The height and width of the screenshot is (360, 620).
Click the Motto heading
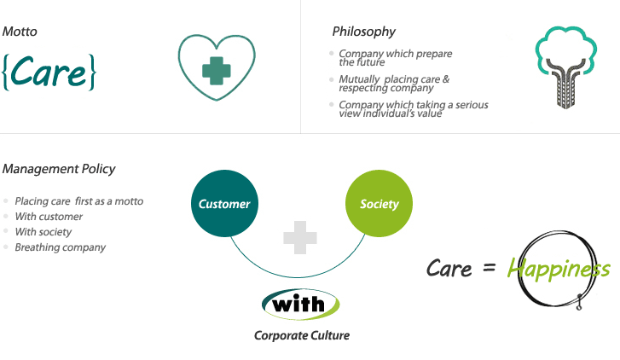(x=20, y=32)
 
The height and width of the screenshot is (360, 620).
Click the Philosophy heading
(x=363, y=32)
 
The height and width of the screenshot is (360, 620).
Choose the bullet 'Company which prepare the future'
(x=395, y=58)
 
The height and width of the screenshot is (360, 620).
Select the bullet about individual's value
(x=413, y=109)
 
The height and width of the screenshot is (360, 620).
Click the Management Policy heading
(x=59, y=169)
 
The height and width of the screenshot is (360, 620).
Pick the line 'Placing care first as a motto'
(x=78, y=201)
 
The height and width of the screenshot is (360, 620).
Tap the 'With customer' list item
(x=49, y=217)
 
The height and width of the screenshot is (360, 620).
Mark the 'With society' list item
(x=43, y=232)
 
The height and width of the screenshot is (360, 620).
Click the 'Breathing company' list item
(x=60, y=247)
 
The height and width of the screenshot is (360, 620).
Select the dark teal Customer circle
(x=224, y=204)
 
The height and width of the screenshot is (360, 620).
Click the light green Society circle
(x=379, y=204)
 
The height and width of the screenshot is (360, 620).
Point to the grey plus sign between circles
(x=300, y=237)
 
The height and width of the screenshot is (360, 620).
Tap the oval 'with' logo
(x=300, y=303)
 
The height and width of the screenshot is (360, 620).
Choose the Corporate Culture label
(x=302, y=335)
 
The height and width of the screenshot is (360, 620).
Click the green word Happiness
(x=559, y=270)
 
